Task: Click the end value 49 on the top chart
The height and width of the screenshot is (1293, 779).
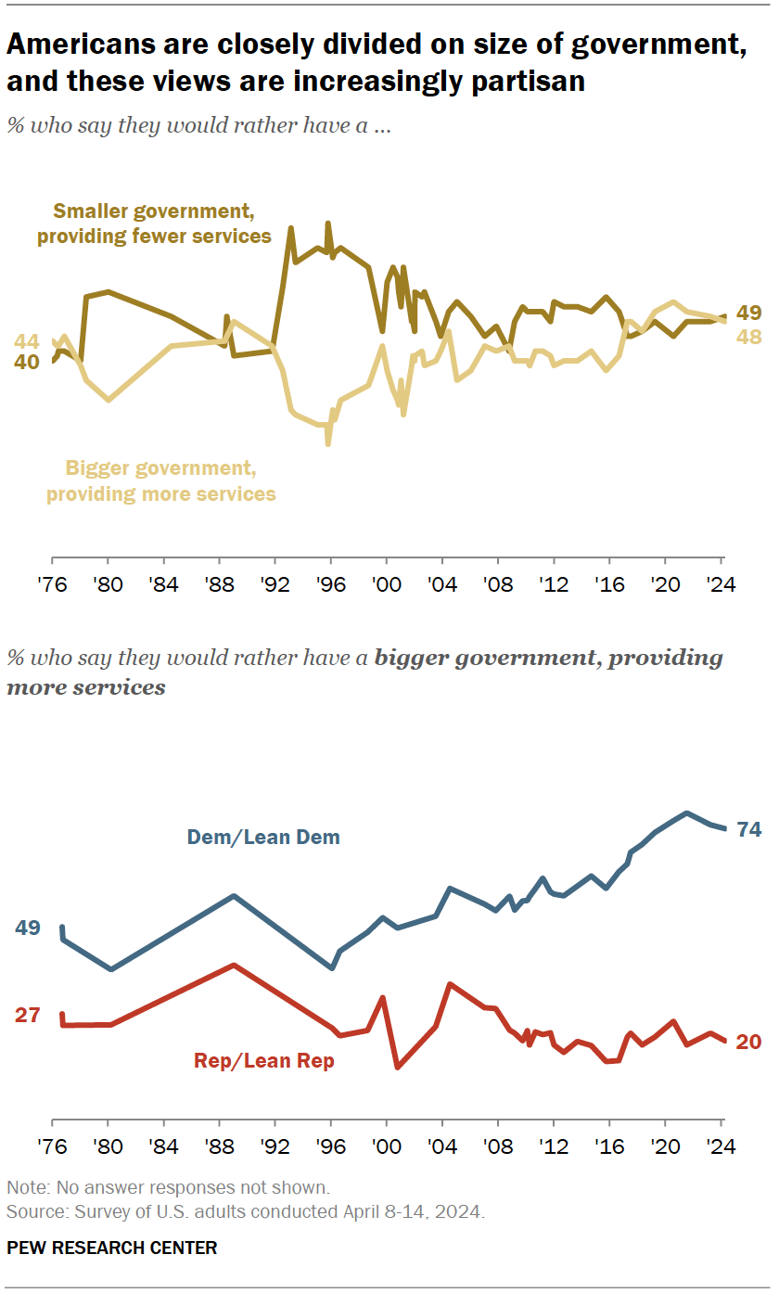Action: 748,313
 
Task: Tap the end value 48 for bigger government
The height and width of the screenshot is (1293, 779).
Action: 748,338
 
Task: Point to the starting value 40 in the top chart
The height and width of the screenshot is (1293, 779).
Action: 26,362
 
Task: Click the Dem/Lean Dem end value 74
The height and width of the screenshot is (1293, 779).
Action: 748,830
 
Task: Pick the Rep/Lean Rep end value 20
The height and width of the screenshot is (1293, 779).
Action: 748,1042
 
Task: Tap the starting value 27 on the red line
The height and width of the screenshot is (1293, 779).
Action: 27,1015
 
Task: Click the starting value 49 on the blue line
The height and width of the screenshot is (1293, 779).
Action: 27,928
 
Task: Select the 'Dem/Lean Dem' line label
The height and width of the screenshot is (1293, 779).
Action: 263,838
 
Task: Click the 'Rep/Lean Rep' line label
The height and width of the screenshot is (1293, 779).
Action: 263,1061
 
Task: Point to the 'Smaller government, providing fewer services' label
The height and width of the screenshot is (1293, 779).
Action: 154,224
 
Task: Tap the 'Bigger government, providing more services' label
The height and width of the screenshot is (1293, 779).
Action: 161,480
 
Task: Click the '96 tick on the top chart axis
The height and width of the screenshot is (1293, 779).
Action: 330,586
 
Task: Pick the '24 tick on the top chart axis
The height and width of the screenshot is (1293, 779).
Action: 720,586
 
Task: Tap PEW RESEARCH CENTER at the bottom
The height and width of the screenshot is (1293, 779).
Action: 111,1248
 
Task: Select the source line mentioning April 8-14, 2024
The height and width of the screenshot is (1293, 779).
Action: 245,1211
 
